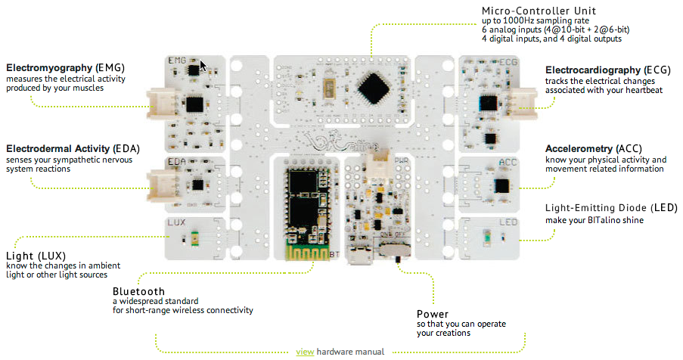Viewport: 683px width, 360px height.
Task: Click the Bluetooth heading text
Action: [x=138, y=291]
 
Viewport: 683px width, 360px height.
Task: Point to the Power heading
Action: [x=433, y=314]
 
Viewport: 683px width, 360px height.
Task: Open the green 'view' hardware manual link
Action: [x=305, y=352]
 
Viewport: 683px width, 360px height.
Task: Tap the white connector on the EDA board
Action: [x=160, y=182]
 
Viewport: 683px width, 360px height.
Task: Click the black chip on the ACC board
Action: [x=501, y=185]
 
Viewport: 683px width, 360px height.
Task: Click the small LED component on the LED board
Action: [x=488, y=237]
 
